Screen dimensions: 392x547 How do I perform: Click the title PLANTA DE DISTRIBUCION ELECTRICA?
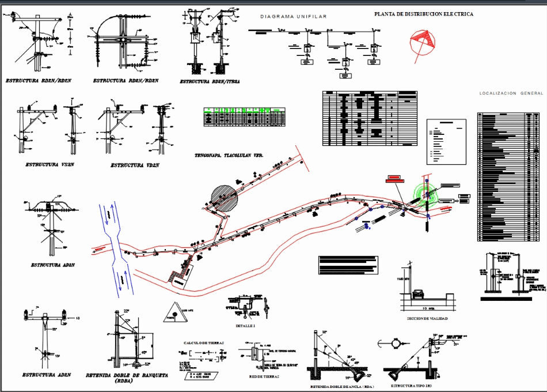coord(424,14)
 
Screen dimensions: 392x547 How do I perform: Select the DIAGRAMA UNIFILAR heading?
coord(293,17)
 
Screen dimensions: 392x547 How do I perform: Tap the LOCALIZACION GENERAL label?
coord(511,93)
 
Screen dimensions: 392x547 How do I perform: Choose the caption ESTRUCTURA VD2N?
coord(135,165)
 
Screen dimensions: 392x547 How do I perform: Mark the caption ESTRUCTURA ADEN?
coord(47,375)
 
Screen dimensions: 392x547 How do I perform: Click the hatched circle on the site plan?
coord(223,198)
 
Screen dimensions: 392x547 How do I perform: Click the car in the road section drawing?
coord(418,295)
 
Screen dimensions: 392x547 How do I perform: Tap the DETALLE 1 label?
coord(245,326)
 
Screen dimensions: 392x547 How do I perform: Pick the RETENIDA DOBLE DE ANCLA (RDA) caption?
coord(342,386)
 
